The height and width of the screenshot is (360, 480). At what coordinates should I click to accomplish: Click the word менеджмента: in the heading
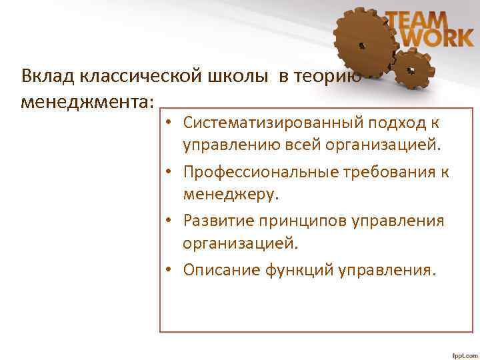tap(87, 102)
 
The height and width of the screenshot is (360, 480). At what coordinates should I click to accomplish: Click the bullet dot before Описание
tap(171, 270)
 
